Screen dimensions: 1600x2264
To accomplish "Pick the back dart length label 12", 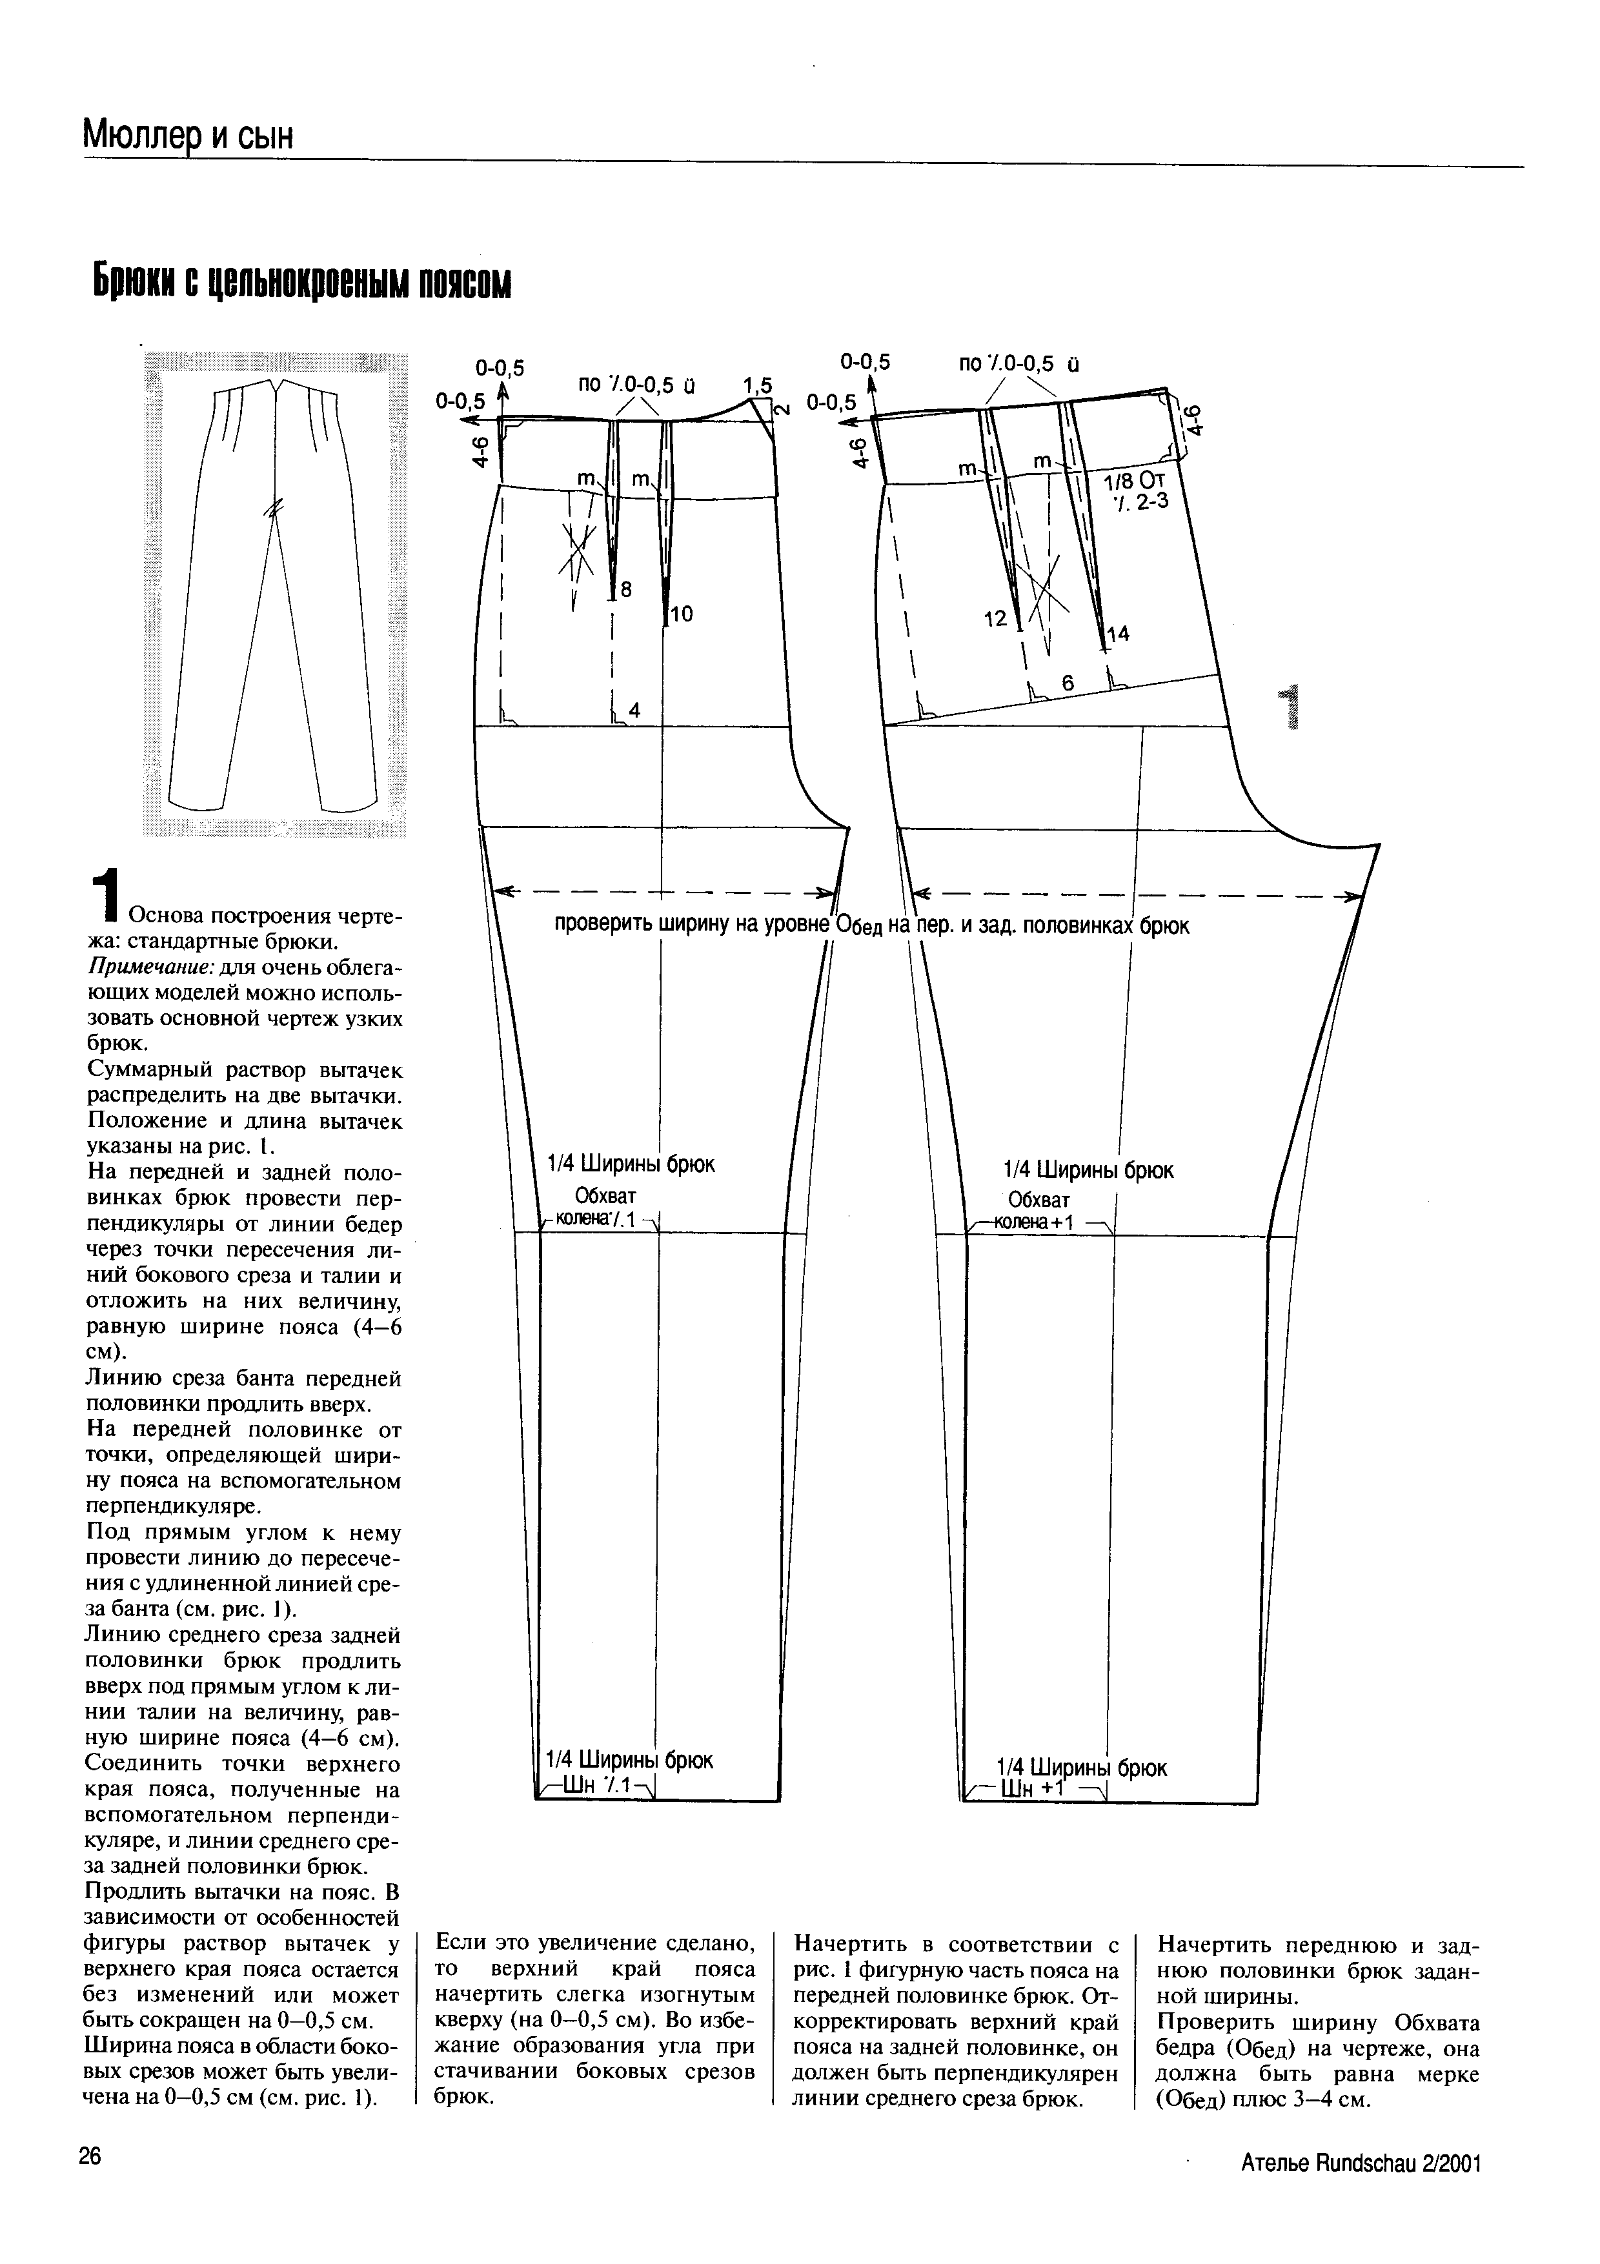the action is pos(996,618).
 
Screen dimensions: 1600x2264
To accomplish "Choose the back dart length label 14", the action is pos(1117,636).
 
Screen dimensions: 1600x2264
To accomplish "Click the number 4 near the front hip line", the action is pos(634,709).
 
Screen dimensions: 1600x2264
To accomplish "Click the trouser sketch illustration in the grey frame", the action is pos(275,594).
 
